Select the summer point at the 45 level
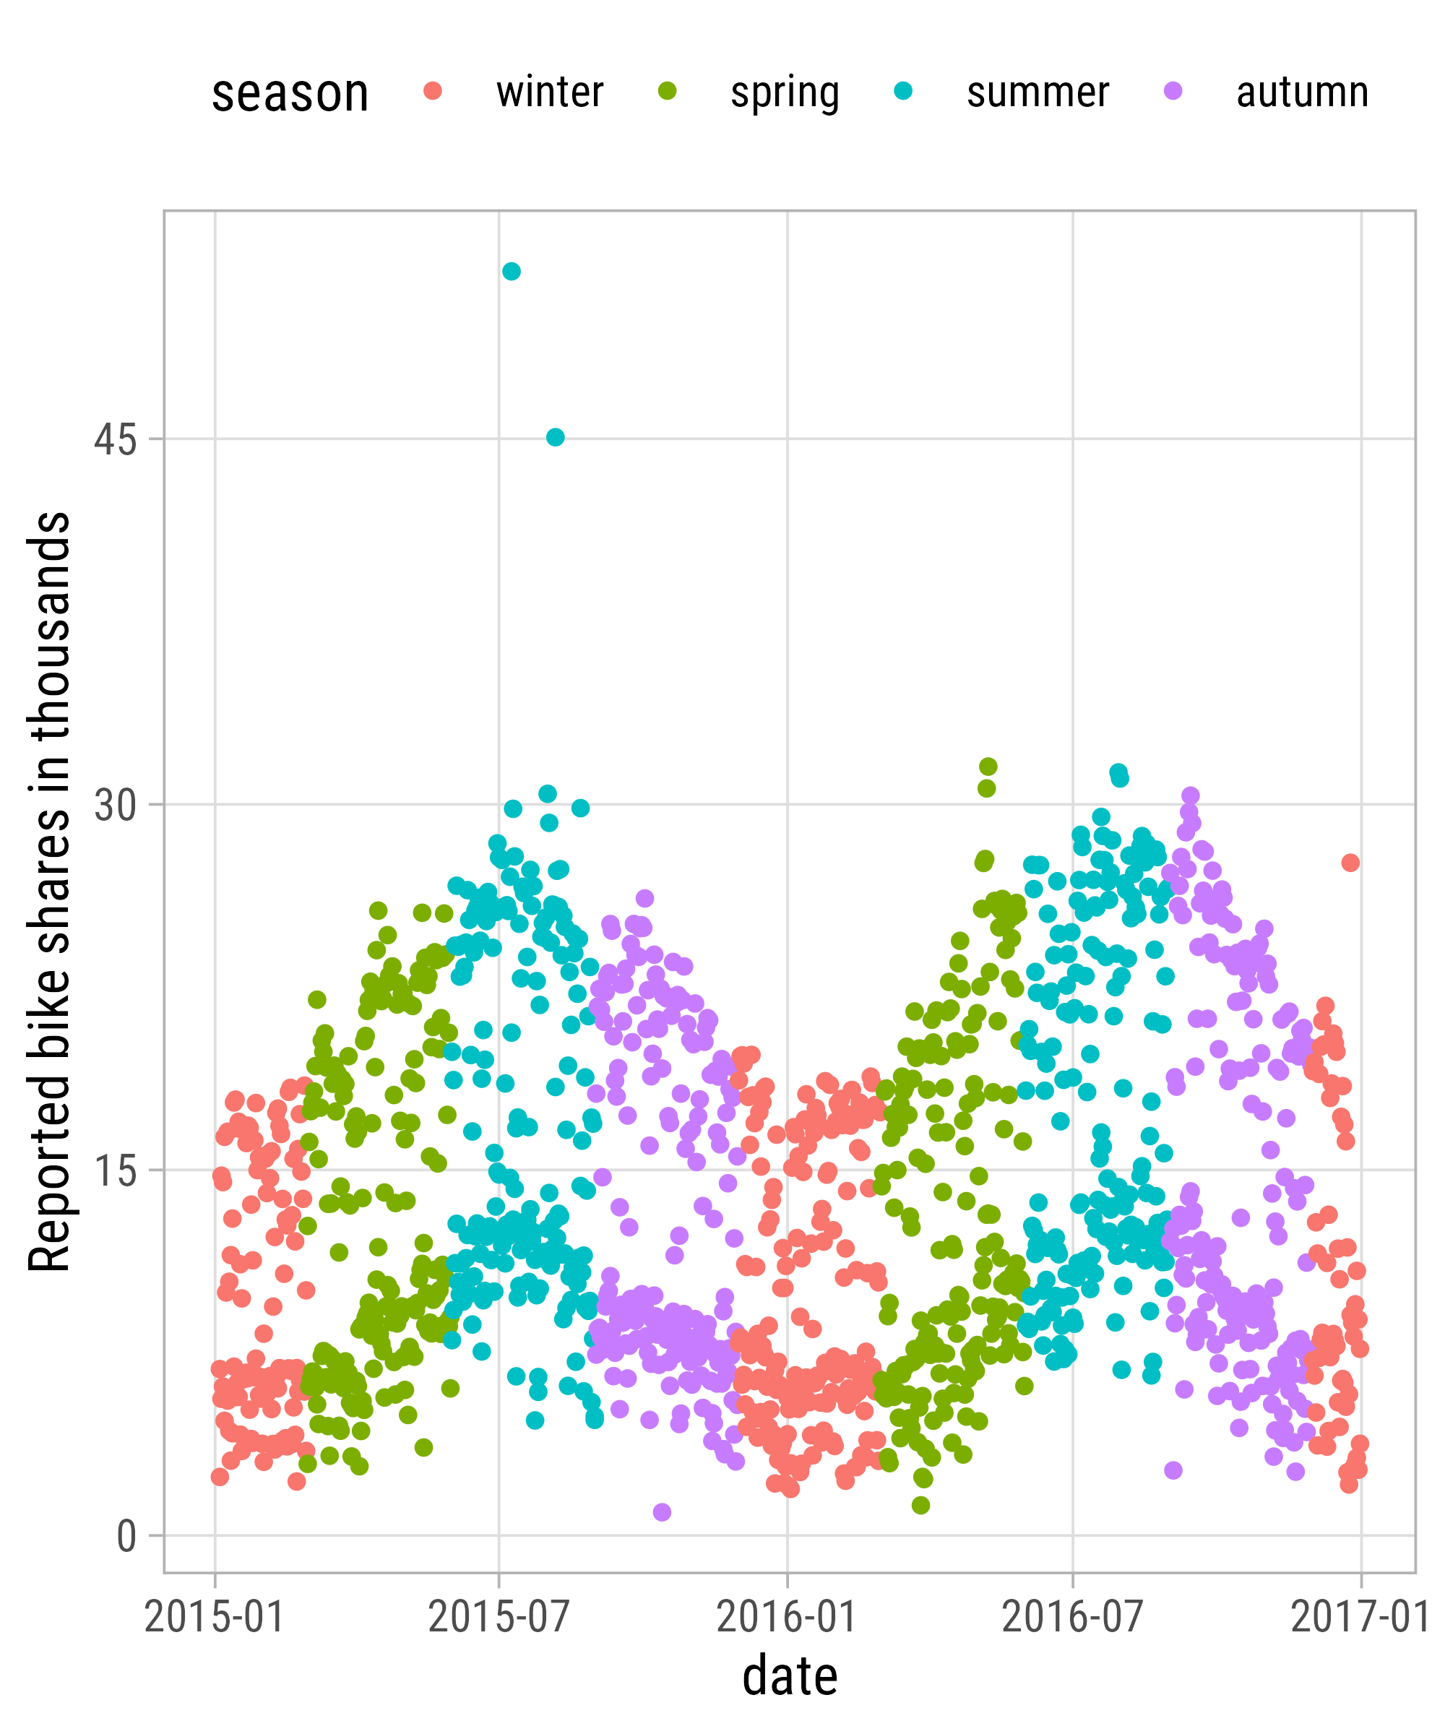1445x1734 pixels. (555, 437)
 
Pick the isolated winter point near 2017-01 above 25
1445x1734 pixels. (1350, 863)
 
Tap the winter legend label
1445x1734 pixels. (550, 92)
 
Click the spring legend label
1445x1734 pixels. (785, 92)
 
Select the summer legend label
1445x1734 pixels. (1038, 92)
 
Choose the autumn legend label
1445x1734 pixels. (1302, 92)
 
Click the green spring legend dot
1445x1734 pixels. (667, 91)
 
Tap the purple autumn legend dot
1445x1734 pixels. (1173, 91)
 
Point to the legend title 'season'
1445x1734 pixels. (290, 93)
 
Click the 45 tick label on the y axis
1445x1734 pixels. (115, 439)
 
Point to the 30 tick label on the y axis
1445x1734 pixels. (115, 804)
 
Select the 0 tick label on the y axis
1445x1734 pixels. (126, 1537)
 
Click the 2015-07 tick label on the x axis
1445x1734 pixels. (499, 1616)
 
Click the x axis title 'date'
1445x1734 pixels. (790, 1677)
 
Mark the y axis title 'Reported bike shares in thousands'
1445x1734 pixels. (50, 892)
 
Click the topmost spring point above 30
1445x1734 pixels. (988, 767)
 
